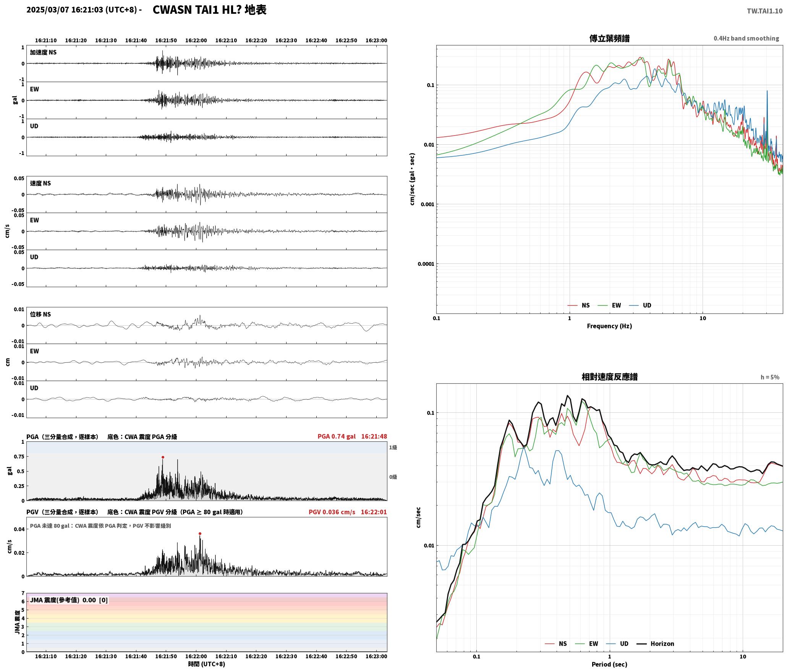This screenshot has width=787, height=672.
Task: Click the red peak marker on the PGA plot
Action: coord(163,457)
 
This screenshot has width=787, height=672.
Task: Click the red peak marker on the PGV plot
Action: coord(200,533)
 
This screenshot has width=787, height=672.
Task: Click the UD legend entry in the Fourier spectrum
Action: coord(640,305)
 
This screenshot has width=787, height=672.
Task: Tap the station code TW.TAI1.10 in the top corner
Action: coord(764,11)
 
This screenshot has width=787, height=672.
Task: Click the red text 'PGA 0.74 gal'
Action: coord(336,436)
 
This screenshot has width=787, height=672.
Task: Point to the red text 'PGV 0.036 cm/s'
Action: coord(332,512)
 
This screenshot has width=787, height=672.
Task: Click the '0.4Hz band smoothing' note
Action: coord(746,38)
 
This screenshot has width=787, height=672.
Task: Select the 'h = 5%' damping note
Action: coord(770,377)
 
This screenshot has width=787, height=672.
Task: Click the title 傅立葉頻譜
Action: coord(609,38)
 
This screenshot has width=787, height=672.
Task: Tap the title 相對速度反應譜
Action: coord(609,376)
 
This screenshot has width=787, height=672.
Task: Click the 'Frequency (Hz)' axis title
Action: coord(609,326)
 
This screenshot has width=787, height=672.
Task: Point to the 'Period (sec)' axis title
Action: coord(609,664)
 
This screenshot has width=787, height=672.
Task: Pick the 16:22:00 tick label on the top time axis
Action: coord(196,40)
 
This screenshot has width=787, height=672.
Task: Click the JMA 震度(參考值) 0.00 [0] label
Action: coord(69,600)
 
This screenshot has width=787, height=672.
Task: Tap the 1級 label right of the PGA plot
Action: coord(393,447)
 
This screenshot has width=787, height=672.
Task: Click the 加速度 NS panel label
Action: coord(43,52)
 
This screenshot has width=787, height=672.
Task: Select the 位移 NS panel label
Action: coord(40,314)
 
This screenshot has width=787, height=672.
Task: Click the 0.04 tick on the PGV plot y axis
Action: coord(19,529)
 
